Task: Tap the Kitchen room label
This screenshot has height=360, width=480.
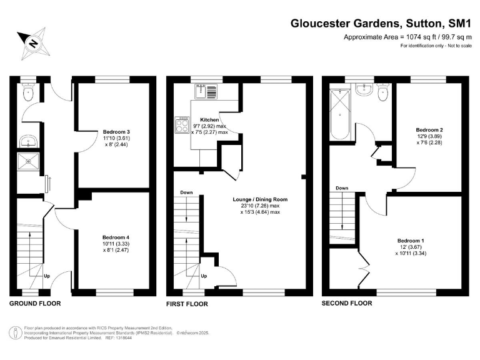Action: (x=209, y=119)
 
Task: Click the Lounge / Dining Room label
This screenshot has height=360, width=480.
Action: (x=262, y=199)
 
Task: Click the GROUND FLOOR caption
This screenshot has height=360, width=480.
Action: (x=35, y=303)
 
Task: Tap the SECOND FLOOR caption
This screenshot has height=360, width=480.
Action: (x=346, y=303)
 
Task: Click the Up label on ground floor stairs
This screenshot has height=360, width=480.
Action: (x=46, y=275)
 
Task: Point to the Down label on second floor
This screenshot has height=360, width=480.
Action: (x=341, y=188)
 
